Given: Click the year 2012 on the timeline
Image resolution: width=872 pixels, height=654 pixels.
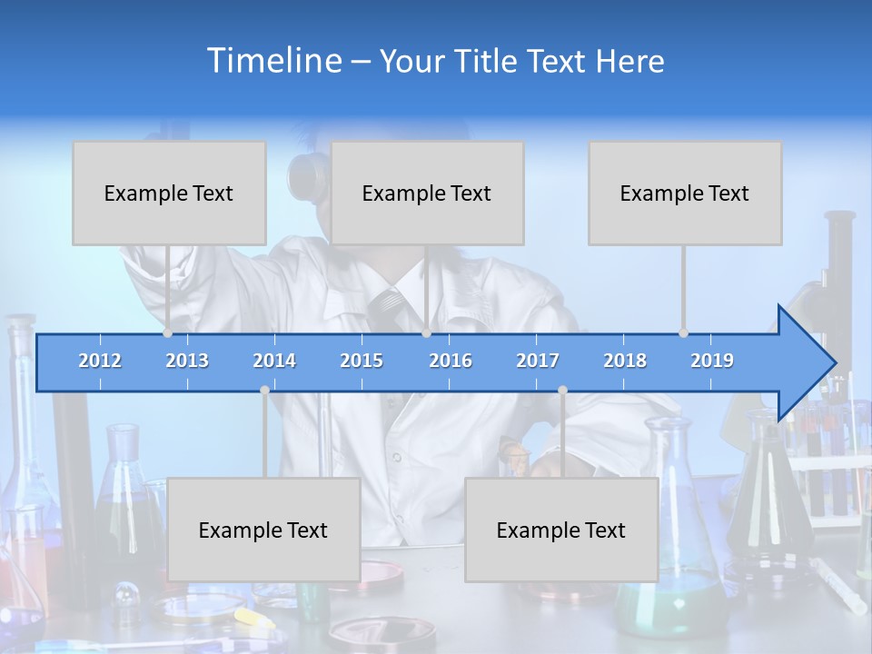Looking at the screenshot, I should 100,361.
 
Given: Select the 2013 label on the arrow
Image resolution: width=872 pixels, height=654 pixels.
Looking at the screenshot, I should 187,361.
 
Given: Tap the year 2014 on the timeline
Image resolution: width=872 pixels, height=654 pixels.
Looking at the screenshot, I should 274,361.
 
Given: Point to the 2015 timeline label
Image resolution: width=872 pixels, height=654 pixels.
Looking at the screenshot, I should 362,361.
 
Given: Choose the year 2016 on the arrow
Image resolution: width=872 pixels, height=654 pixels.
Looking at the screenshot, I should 451,361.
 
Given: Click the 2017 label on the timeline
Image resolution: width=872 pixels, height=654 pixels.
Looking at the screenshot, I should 538,361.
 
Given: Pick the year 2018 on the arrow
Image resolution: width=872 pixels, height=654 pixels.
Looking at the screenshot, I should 625,361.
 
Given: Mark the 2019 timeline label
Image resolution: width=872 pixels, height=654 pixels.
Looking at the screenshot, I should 712,361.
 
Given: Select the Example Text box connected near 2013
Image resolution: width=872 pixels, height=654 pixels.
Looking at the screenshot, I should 169,193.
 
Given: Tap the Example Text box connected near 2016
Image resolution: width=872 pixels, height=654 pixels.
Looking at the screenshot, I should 427,193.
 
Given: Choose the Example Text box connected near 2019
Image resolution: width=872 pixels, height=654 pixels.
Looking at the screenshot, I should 685,193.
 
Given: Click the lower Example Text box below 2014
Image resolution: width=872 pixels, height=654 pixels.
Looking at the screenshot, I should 263,530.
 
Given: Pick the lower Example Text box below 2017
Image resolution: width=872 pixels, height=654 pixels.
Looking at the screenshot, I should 561,530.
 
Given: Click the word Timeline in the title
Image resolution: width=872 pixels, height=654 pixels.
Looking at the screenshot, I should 273,61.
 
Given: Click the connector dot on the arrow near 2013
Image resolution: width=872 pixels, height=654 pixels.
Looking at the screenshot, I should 167,333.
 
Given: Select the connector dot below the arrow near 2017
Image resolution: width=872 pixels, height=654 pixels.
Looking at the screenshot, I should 562,390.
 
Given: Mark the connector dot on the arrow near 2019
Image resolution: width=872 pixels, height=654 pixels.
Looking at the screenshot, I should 683,333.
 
